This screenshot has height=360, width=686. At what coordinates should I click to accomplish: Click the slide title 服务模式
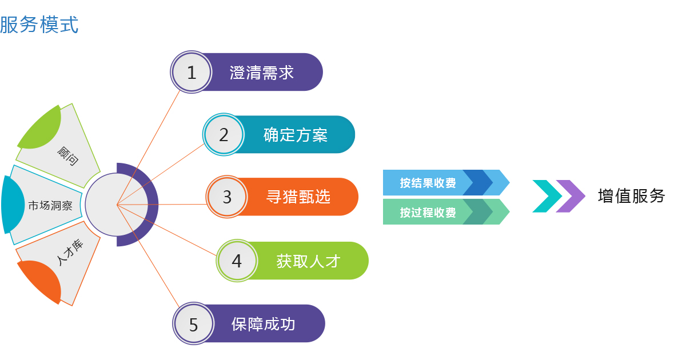click(x=39, y=25)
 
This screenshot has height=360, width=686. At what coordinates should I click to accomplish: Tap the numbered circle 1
click(x=191, y=72)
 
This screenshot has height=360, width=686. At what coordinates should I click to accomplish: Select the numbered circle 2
click(x=224, y=134)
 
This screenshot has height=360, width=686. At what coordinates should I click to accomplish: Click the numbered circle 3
click(x=227, y=197)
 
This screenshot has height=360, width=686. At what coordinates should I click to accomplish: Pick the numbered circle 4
click(x=237, y=261)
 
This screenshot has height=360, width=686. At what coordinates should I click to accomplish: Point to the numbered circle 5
click(x=193, y=323)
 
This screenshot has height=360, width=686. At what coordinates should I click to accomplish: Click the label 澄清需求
click(x=262, y=73)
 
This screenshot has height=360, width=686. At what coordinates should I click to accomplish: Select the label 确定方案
click(x=296, y=135)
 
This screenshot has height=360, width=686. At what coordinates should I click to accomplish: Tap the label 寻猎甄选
click(x=298, y=197)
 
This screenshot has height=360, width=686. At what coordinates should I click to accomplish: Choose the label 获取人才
click(x=308, y=261)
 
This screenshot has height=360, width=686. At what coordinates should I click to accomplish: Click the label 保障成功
click(x=263, y=324)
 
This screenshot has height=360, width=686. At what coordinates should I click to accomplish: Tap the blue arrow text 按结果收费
click(x=428, y=183)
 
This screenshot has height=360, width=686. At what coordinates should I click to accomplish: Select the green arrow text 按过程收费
click(x=428, y=212)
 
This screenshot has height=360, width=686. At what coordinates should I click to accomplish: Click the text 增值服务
click(x=632, y=196)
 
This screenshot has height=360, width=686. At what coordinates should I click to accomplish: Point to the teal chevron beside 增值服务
click(x=548, y=196)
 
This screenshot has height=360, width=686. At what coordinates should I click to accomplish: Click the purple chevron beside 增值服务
click(x=571, y=196)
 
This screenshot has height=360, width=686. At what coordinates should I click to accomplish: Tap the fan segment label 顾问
click(x=67, y=156)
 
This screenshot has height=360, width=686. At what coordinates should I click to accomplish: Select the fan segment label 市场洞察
click(x=50, y=205)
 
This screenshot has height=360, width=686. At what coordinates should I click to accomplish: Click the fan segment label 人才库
click(x=70, y=252)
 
